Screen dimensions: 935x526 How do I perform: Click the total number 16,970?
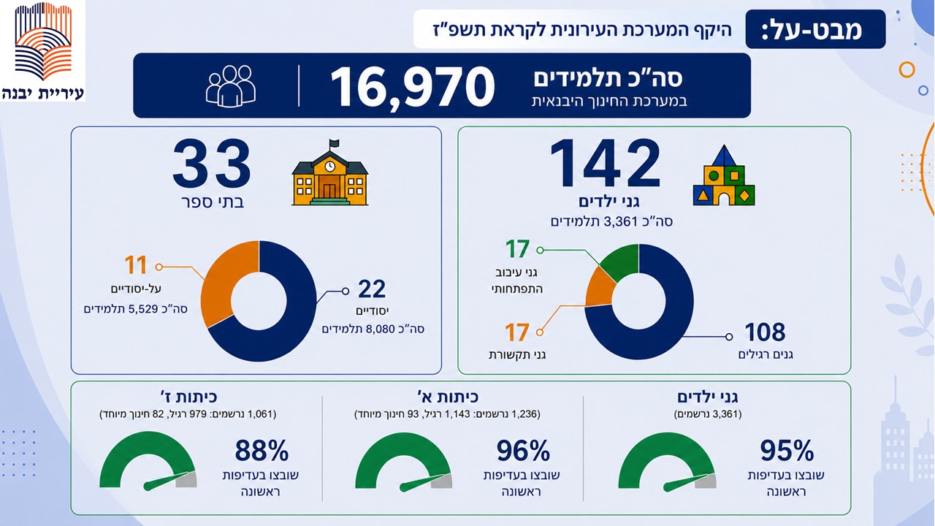413,87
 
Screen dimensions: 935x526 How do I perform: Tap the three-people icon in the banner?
231,86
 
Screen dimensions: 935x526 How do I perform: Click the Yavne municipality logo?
42,50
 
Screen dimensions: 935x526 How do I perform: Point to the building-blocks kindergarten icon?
724,175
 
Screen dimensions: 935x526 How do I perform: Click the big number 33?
211,164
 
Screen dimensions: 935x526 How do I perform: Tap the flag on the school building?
335,144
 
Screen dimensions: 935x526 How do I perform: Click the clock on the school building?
329,166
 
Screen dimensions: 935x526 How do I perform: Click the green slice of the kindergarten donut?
622,261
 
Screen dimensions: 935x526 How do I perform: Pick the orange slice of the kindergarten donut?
600,288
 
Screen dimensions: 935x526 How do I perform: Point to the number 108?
765,332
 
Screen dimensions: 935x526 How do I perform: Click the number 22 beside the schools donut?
372,289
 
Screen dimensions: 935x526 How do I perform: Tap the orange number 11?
136,265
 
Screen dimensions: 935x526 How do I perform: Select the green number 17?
518,249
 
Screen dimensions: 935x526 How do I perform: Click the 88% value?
262,450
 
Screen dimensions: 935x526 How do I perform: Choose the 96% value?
523,451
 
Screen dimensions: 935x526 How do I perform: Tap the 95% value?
787,451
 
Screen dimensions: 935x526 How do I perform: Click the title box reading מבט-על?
815,29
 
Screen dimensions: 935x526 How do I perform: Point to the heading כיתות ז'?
188,396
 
